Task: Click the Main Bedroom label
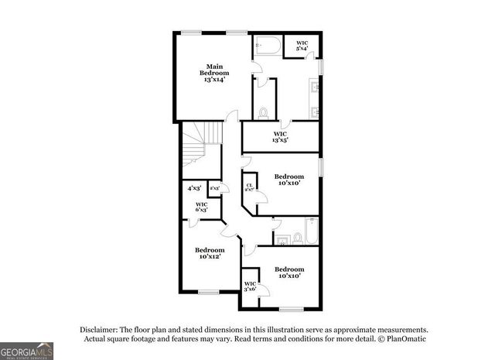pos(214,72)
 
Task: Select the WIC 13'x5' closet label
pos(280,137)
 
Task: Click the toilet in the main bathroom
pos(264,112)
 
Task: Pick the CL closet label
pos(249,187)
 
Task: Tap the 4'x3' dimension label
pos(193,188)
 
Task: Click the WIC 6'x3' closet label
pos(201,207)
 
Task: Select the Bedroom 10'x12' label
pos(210,253)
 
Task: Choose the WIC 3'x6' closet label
pos(250,286)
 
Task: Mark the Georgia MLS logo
pos(26,349)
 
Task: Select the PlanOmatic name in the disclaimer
pos(402,339)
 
